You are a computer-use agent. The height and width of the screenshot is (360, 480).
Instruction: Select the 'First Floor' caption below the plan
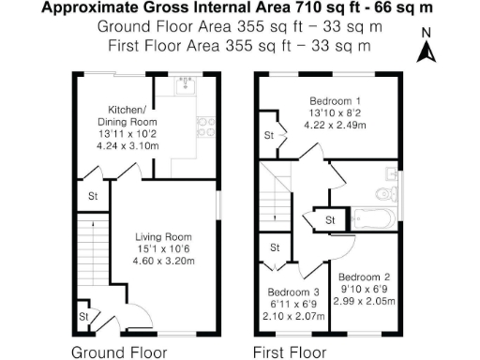coord(291,352)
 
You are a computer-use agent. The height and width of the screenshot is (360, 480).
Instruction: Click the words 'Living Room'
coord(163,236)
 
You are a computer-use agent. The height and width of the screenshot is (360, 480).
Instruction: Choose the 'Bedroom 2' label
coord(367,277)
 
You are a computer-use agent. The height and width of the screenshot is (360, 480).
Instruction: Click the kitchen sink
coord(185,86)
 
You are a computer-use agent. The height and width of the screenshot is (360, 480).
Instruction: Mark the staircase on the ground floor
coord(90,253)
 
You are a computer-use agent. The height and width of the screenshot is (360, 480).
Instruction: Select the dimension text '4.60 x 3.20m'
coord(163,261)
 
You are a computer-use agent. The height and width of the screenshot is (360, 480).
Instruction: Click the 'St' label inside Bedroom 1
coord(268,136)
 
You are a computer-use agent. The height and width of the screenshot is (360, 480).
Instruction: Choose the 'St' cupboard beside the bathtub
coord(330,219)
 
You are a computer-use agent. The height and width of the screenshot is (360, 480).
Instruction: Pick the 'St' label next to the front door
coord(83,318)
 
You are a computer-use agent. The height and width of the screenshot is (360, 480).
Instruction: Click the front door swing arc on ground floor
coord(132,313)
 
